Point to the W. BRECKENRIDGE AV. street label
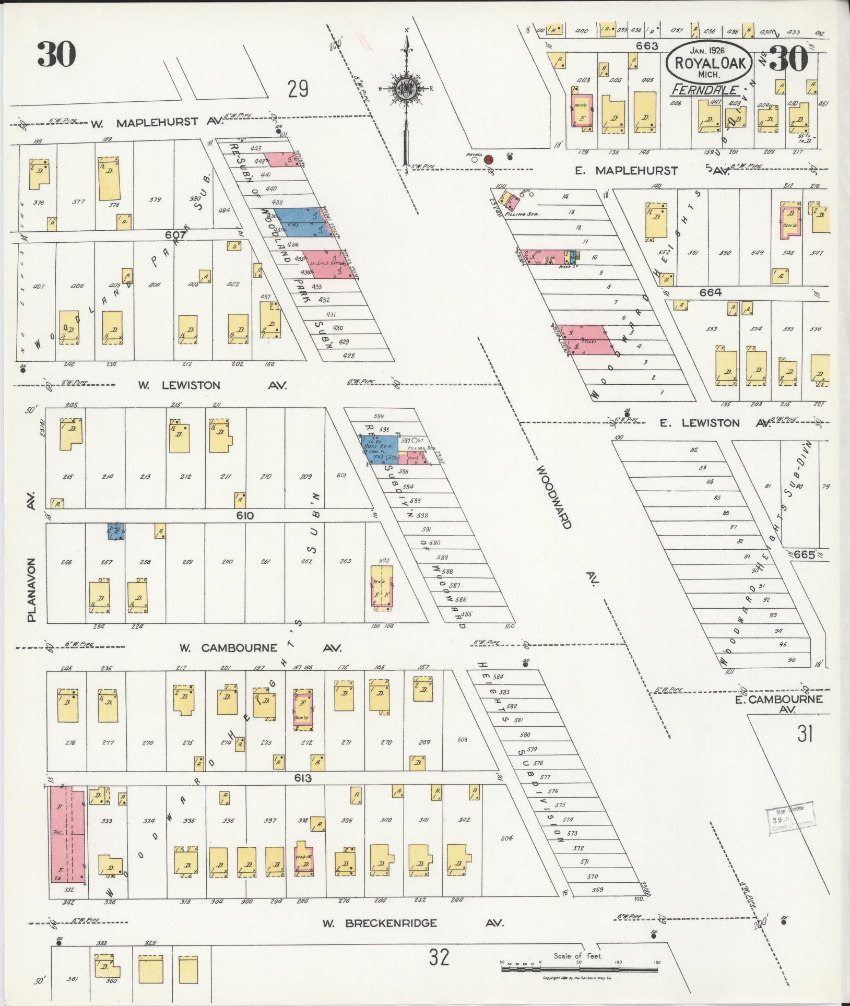(412, 923)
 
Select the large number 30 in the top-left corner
(56, 54)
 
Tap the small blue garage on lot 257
(116, 532)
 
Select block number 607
(173, 235)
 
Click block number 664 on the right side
(711, 292)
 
